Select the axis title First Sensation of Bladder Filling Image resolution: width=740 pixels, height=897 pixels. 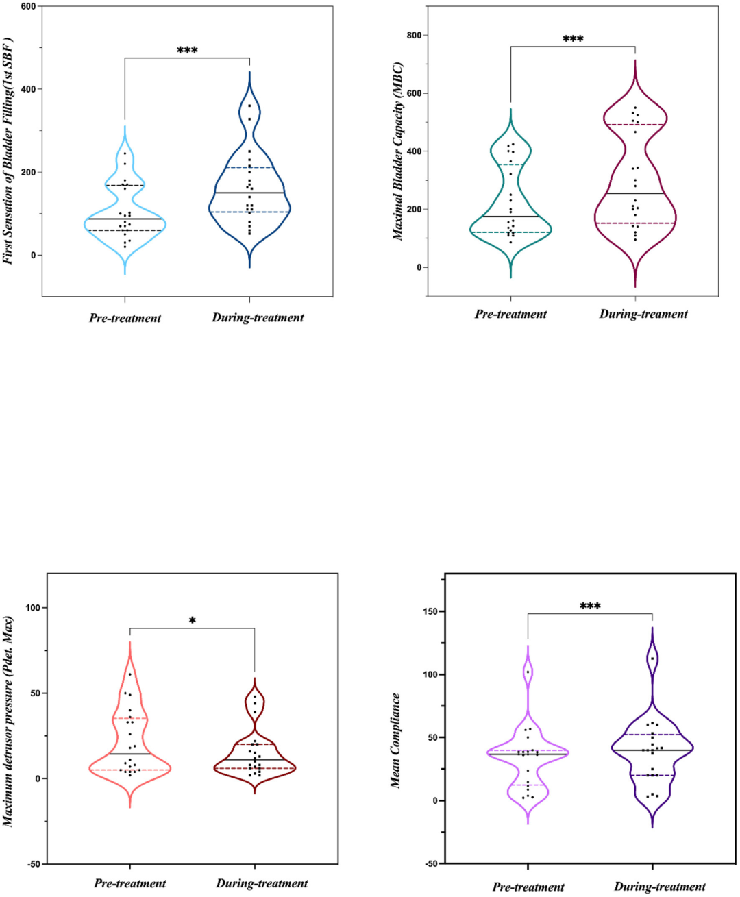(x=9, y=151)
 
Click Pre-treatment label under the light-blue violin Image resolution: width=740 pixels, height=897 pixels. (x=125, y=318)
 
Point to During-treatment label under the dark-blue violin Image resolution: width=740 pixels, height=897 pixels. (x=258, y=317)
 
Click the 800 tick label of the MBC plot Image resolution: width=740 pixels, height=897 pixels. (x=413, y=36)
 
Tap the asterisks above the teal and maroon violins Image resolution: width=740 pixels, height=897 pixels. (x=573, y=40)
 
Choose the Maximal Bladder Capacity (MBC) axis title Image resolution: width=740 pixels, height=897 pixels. (x=398, y=151)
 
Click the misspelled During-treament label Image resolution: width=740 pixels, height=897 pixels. (x=643, y=314)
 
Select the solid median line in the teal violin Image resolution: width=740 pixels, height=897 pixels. (x=510, y=217)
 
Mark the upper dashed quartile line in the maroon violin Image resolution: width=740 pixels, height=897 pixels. (x=635, y=125)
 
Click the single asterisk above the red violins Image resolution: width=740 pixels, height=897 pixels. (x=193, y=622)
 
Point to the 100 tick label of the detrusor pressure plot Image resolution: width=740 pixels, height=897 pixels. (x=32, y=608)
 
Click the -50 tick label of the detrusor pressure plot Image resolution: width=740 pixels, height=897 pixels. (x=32, y=864)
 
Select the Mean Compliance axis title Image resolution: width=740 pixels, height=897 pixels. (x=396, y=740)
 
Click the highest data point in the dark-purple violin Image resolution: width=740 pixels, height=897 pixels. (x=652, y=659)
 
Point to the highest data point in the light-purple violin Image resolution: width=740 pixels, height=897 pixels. (x=528, y=672)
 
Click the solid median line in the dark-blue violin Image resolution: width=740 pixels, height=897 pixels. (x=249, y=193)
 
